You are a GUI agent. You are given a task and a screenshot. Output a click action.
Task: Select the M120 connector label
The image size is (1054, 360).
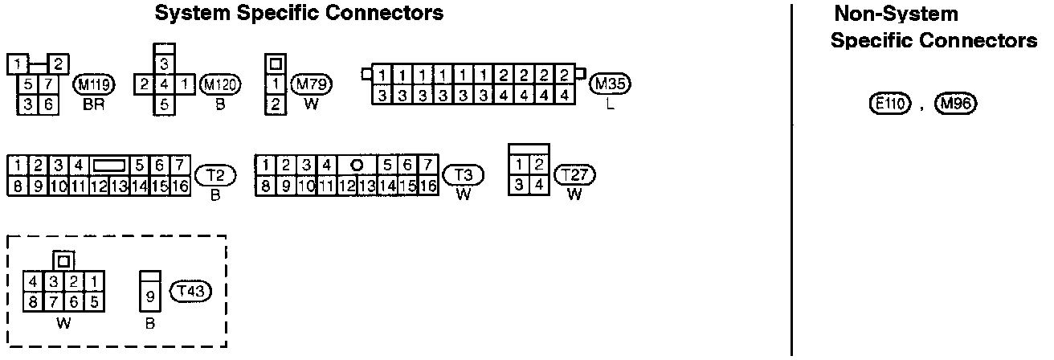219,84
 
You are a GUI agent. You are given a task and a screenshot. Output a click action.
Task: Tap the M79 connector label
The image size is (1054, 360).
313,84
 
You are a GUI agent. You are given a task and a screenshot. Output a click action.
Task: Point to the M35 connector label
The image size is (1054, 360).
611,84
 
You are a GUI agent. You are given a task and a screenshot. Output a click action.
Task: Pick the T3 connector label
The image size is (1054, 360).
463,174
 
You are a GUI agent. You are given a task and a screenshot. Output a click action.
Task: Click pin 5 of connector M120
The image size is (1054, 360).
164,104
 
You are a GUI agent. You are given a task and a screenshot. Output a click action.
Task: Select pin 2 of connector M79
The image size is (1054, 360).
276,104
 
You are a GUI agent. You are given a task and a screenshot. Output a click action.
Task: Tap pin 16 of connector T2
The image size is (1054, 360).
179,186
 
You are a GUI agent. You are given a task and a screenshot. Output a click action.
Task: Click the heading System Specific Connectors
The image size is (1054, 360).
299,13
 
